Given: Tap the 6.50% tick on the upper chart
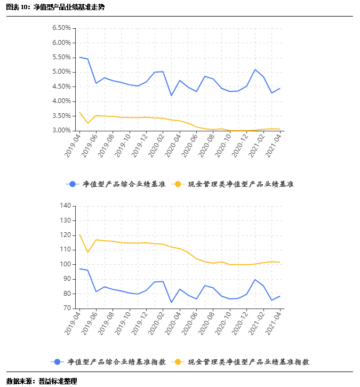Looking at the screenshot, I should pyautogui.click(x=61, y=28).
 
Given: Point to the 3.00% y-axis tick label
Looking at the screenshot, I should pyautogui.click(x=61, y=130).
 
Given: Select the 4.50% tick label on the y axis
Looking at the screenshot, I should pyautogui.click(x=61, y=86).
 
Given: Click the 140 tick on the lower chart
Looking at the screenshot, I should pyautogui.click(x=65, y=206).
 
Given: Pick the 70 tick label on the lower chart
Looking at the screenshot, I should pyautogui.click(x=67, y=308).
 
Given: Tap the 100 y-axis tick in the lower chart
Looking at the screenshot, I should pyautogui.click(x=65, y=264).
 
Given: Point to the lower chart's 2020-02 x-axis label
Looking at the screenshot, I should pyautogui.click(x=155, y=323).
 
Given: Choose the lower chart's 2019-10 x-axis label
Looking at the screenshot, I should pyautogui.click(x=122, y=323).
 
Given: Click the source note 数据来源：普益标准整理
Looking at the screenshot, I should pyautogui.click(x=42, y=381).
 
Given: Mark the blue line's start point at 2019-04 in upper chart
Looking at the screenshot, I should pyautogui.click(x=79, y=57).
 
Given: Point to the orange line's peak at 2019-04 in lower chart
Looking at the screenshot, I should pyautogui.click(x=79, y=234).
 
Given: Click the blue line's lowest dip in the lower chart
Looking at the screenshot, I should pyautogui.click(x=171, y=303).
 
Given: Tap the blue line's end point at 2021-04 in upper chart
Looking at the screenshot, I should pyautogui.click(x=279, y=88).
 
